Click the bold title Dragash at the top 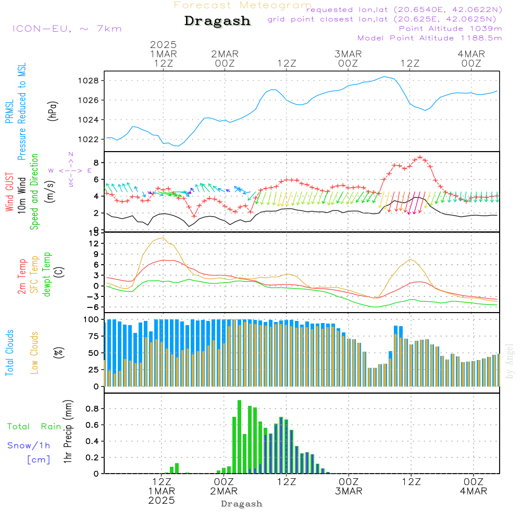pyautogui.click(x=217, y=21)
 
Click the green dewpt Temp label pyautogui.click(x=46, y=275)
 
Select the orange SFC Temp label pyautogui.click(x=34, y=275)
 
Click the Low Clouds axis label pyautogui.click(x=34, y=352)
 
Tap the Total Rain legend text pyautogui.click(x=34, y=427)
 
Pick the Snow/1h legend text pyautogui.click(x=29, y=445)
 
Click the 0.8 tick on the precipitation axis pyautogui.click(x=92, y=409)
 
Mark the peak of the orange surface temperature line pyautogui.click(x=164, y=238)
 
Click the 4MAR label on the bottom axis pyautogui.click(x=473, y=491)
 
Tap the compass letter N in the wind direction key pyautogui.click(x=71, y=154)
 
